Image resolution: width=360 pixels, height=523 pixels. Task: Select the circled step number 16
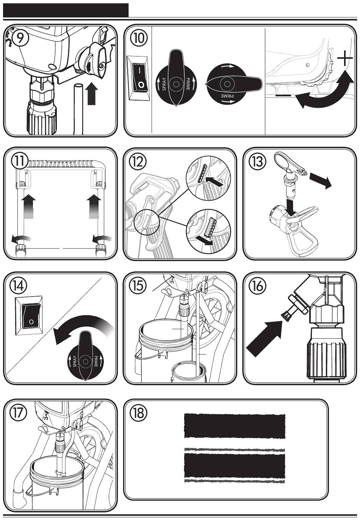pos(257,286)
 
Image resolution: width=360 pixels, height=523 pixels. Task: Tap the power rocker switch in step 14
pos(29,316)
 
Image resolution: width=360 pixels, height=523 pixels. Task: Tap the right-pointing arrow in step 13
pos(321,180)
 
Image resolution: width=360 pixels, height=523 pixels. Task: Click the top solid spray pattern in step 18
pos(235,426)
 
